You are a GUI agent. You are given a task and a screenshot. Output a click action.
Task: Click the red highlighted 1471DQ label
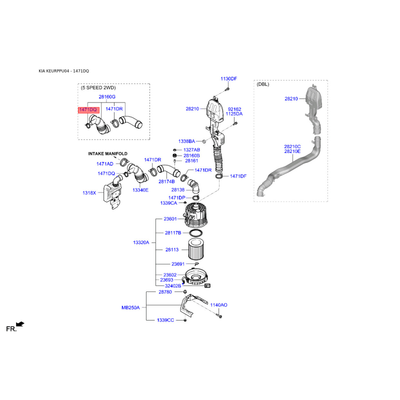click(x=88, y=110)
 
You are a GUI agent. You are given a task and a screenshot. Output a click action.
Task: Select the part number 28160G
click(x=107, y=96)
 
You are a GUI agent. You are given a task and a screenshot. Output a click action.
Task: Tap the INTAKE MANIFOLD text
click(x=107, y=153)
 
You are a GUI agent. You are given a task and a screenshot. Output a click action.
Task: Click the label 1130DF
click(x=229, y=79)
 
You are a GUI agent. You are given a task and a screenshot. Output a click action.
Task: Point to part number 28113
click(x=172, y=249)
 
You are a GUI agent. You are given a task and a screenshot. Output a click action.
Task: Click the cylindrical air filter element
click(x=196, y=249)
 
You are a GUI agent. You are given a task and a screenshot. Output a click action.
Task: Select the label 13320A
click(x=141, y=242)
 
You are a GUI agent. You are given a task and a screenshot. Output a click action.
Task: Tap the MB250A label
click(x=130, y=307)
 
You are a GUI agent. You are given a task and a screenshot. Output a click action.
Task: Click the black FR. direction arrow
click(x=20, y=324)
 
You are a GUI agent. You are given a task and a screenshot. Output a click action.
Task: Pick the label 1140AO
click(x=218, y=305)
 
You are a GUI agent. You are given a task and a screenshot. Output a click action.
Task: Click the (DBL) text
click(x=263, y=84)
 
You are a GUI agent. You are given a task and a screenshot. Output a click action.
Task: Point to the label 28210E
click(x=292, y=151)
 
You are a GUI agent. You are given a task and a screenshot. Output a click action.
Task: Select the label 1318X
click(x=89, y=193)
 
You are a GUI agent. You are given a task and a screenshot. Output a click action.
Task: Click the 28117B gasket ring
click(x=196, y=232)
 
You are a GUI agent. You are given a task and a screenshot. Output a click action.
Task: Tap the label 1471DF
click(x=238, y=176)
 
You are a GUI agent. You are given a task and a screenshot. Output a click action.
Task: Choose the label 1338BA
click(x=186, y=141)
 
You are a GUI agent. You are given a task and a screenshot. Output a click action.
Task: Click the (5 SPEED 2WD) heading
click(x=98, y=88)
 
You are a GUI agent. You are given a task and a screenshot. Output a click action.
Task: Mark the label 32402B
click(x=173, y=286)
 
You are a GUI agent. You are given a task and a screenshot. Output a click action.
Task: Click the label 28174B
click(x=166, y=181)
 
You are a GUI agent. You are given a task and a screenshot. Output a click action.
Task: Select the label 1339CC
click(x=165, y=320)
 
